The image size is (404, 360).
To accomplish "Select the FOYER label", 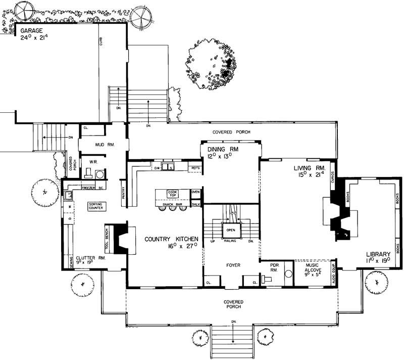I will coord(233,265).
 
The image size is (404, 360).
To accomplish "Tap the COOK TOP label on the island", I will coord(173,194).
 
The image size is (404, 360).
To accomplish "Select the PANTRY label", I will coord(123,195).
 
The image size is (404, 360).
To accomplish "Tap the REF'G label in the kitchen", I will coord(195,167).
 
